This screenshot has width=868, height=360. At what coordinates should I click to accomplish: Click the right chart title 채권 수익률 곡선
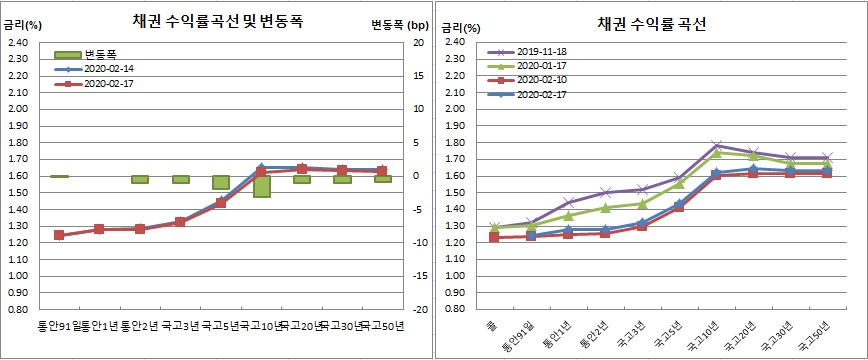click(652, 23)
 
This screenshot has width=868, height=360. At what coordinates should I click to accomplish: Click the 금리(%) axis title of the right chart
click(458, 23)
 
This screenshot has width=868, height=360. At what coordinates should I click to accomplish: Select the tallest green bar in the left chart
click(262, 187)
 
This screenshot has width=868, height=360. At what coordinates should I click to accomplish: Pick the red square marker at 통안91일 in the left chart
click(59, 235)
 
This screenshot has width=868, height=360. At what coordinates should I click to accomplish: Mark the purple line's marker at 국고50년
click(825, 157)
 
